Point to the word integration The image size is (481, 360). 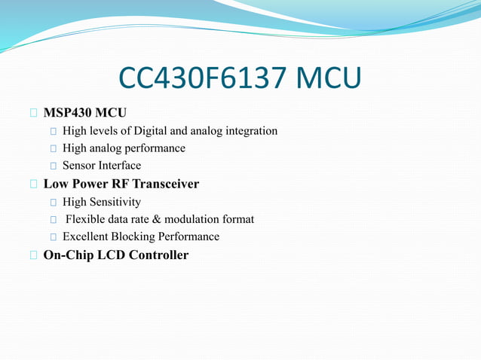click(249, 131)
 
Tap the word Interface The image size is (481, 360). click(121, 166)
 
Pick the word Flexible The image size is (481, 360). click(86, 219)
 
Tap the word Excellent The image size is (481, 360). click(86, 236)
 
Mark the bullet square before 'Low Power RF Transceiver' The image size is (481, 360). click(33, 185)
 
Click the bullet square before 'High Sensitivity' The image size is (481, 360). click(53, 203)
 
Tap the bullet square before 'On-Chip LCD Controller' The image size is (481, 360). click(33, 255)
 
